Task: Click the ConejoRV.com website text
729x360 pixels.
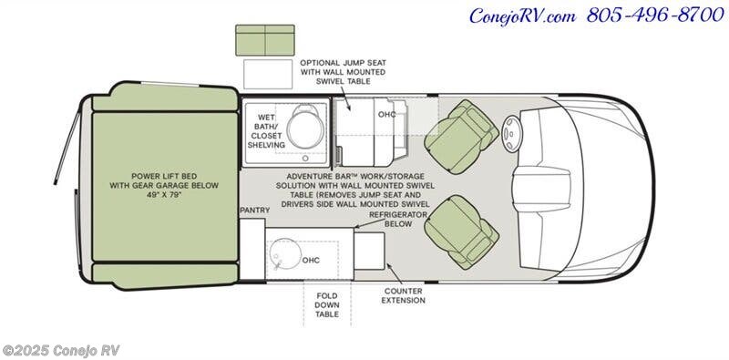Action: [522, 16]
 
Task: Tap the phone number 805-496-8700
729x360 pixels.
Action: [655, 15]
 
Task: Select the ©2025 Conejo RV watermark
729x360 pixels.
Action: [61, 350]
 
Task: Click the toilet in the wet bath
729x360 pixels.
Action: [304, 126]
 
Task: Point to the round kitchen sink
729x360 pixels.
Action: [283, 255]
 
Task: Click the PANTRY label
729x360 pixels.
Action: [255, 211]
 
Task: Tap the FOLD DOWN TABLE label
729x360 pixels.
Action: [327, 305]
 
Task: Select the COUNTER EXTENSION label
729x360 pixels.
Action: [403, 296]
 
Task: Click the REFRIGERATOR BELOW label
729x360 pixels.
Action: [398, 219]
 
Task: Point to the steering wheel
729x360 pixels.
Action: [511, 133]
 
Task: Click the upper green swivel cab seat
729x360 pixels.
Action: [461, 137]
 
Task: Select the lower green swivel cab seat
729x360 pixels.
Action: [461, 232]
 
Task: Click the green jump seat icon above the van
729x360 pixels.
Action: [265, 40]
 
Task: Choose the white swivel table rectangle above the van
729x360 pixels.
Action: [268, 74]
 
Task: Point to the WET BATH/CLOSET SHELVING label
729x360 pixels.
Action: [266, 131]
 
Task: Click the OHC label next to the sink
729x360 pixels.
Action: [311, 261]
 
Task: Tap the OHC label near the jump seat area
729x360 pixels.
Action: [386, 114]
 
